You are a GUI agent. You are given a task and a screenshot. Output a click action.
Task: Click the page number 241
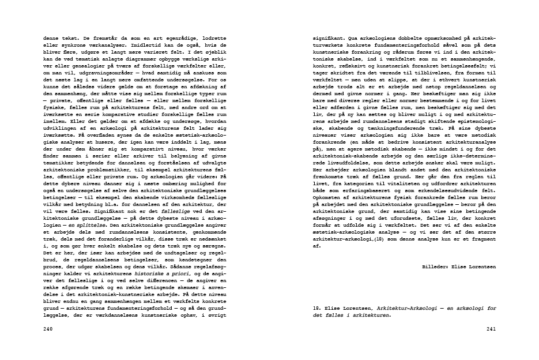[492, 329]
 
